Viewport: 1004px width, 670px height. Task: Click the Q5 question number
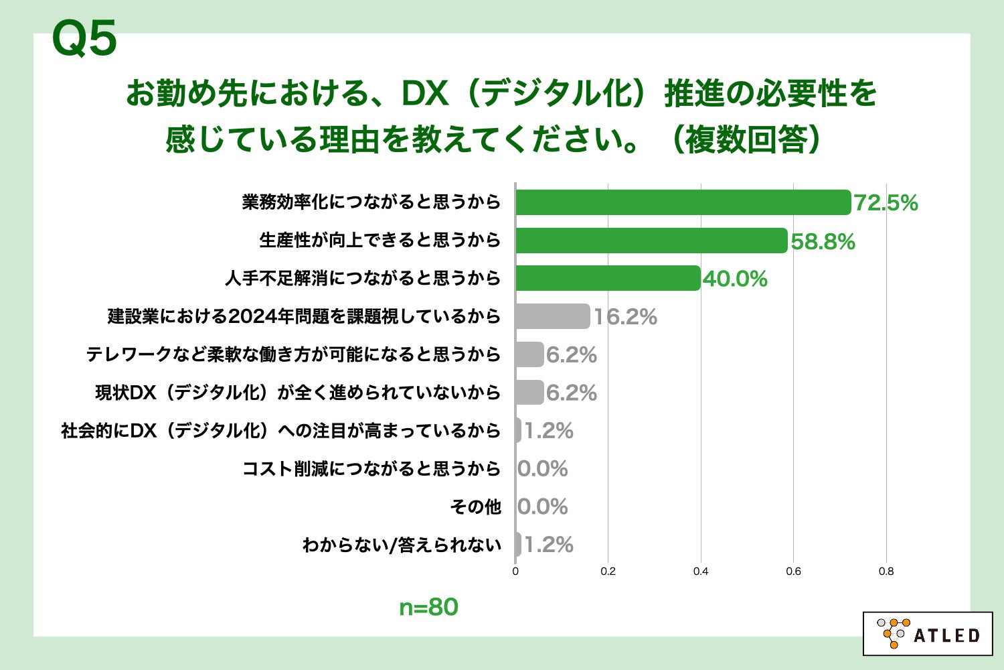pyautogui.click(x=84, y=38)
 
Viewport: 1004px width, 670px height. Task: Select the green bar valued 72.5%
pyautogui.click(x=683, y=202)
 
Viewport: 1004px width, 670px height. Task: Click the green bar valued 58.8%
pyautogui.click(x=651, y=241)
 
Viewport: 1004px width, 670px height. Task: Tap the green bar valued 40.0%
pyautogui.click(x=608, y=278)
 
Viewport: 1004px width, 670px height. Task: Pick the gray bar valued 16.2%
pyautogui.click(x=553, y=316)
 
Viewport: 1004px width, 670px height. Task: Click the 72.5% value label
pyautogui.click(x=886, y=203)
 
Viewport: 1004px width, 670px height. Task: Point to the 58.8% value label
pyautogui.click(x=823, y=241)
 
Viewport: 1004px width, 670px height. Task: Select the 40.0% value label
pyautogui.click(x=735, y=279)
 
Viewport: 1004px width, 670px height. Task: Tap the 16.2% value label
pyautogui.click(x=625, y=317)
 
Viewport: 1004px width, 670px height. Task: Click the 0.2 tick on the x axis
pyautogui.click(x=608, y=572)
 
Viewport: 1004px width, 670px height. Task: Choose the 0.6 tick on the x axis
pyautogui.click(x=793, y=572)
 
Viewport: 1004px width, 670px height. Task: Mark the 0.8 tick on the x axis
pyautogui.click(x=886, y=572)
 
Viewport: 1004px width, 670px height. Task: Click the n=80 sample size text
pyautogui.click(x=428, y=607)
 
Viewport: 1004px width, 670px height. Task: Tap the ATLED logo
pyautogui.click(x=928, y=633)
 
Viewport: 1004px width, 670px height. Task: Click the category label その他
pyautogui.click(x=475, y=507)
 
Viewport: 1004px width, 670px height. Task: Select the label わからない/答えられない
pyautogui.click(x=402, y=545)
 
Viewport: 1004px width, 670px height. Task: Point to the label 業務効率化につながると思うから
pyautogui.click(x=371, y=202)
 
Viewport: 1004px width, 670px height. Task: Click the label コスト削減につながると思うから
pyautogui.click(x=371, y=468)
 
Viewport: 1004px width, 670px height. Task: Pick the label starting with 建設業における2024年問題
pyautogui.click(x=304, y=316)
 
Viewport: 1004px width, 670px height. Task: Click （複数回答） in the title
pyautogui.click(x=746, y=140)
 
